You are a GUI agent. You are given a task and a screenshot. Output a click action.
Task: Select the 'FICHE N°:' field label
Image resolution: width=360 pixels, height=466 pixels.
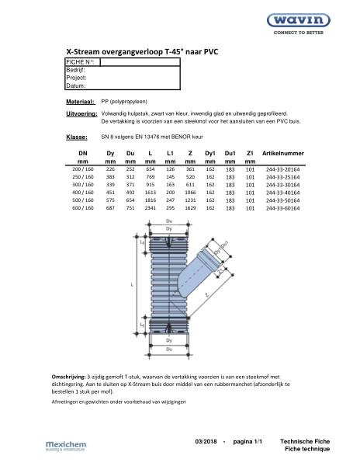tap(81, 61)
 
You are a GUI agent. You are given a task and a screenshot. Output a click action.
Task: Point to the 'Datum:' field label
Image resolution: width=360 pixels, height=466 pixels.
tap(76, 86)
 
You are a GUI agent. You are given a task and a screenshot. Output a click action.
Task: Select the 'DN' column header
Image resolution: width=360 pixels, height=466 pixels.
tap(83, 154)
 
